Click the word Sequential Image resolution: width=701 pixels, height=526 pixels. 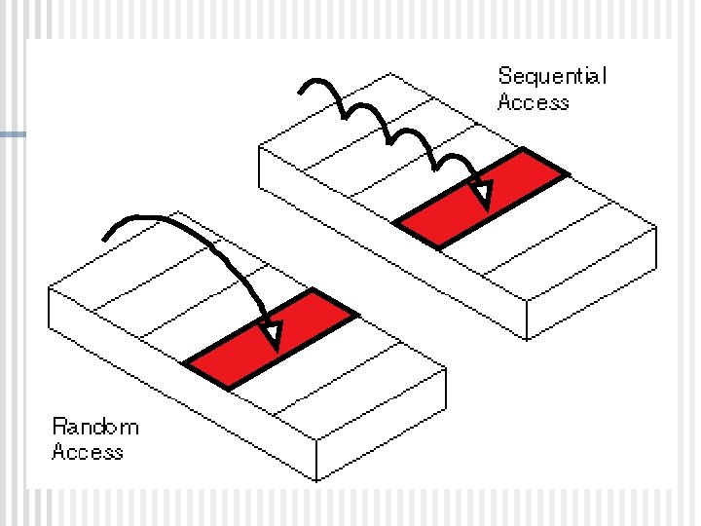551,77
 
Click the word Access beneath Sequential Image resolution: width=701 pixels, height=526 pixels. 533,102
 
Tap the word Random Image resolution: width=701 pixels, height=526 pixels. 95,427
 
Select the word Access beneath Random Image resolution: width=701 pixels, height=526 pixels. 87,452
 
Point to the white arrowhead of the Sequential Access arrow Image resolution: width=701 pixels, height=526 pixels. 480,196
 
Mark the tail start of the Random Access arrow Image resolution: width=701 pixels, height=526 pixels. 106,237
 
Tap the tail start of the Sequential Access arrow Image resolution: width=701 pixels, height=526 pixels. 301,93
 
